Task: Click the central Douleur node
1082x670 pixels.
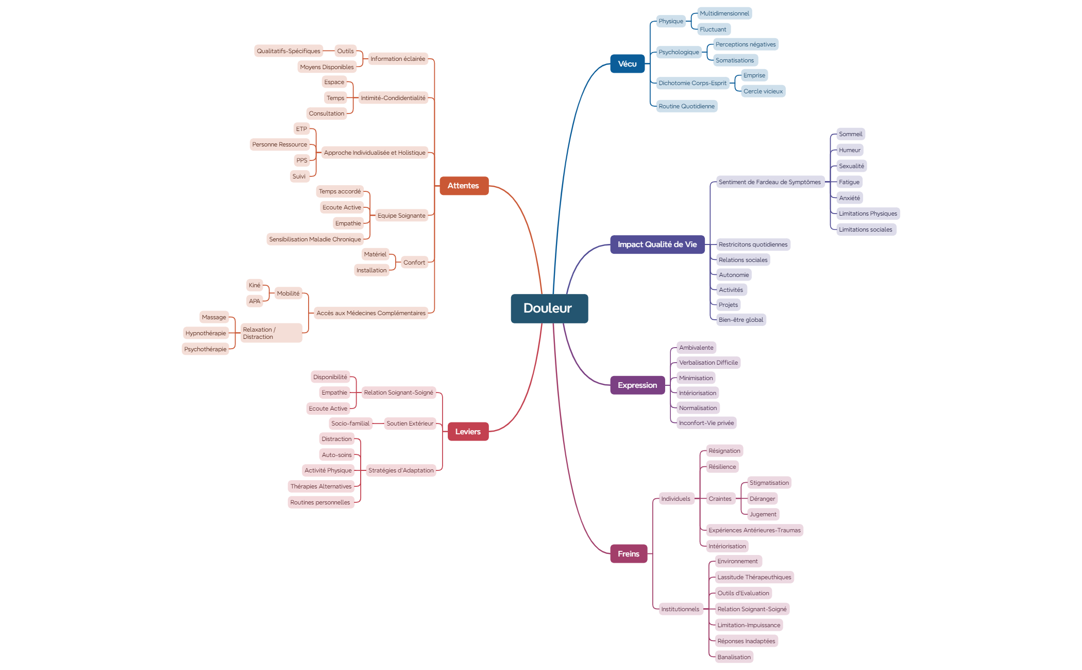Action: click(x=549, y=308)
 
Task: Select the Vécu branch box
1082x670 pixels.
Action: click(x=627, y=64)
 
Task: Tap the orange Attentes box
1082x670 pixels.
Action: click(x=464, y=186)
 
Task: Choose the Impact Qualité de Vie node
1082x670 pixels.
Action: click(x=657, y=244)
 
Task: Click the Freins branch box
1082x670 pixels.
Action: click(x=629, y=554)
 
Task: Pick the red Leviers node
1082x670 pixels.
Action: click(x=468, y=432)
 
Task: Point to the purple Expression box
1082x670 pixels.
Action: click(x=637, y=385)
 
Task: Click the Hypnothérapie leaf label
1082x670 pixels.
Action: click(x=206, y=333)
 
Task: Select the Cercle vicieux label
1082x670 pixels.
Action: click(x=763, y=91)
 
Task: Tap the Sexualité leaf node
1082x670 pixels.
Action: click(x=851, y=166)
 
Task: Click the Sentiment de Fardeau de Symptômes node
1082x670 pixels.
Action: click(x=770, y=182)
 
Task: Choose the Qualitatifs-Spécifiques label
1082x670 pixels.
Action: click(x=289, y=51)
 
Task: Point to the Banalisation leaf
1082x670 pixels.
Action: click(x=734, y=657)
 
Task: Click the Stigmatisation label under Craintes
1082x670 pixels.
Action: click(x=769, y=483)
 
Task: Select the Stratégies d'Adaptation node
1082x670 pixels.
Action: click(x=401, y=470)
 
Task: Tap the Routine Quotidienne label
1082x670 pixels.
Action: click(x=687, y=106)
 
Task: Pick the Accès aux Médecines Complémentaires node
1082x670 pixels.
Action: click(x=371, y=313)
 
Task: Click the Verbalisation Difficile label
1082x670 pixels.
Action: click(x=708, y=363)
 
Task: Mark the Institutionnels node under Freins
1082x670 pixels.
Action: click(x=680, y=609)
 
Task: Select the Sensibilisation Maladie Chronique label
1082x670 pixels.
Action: click(x=315, y=239)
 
